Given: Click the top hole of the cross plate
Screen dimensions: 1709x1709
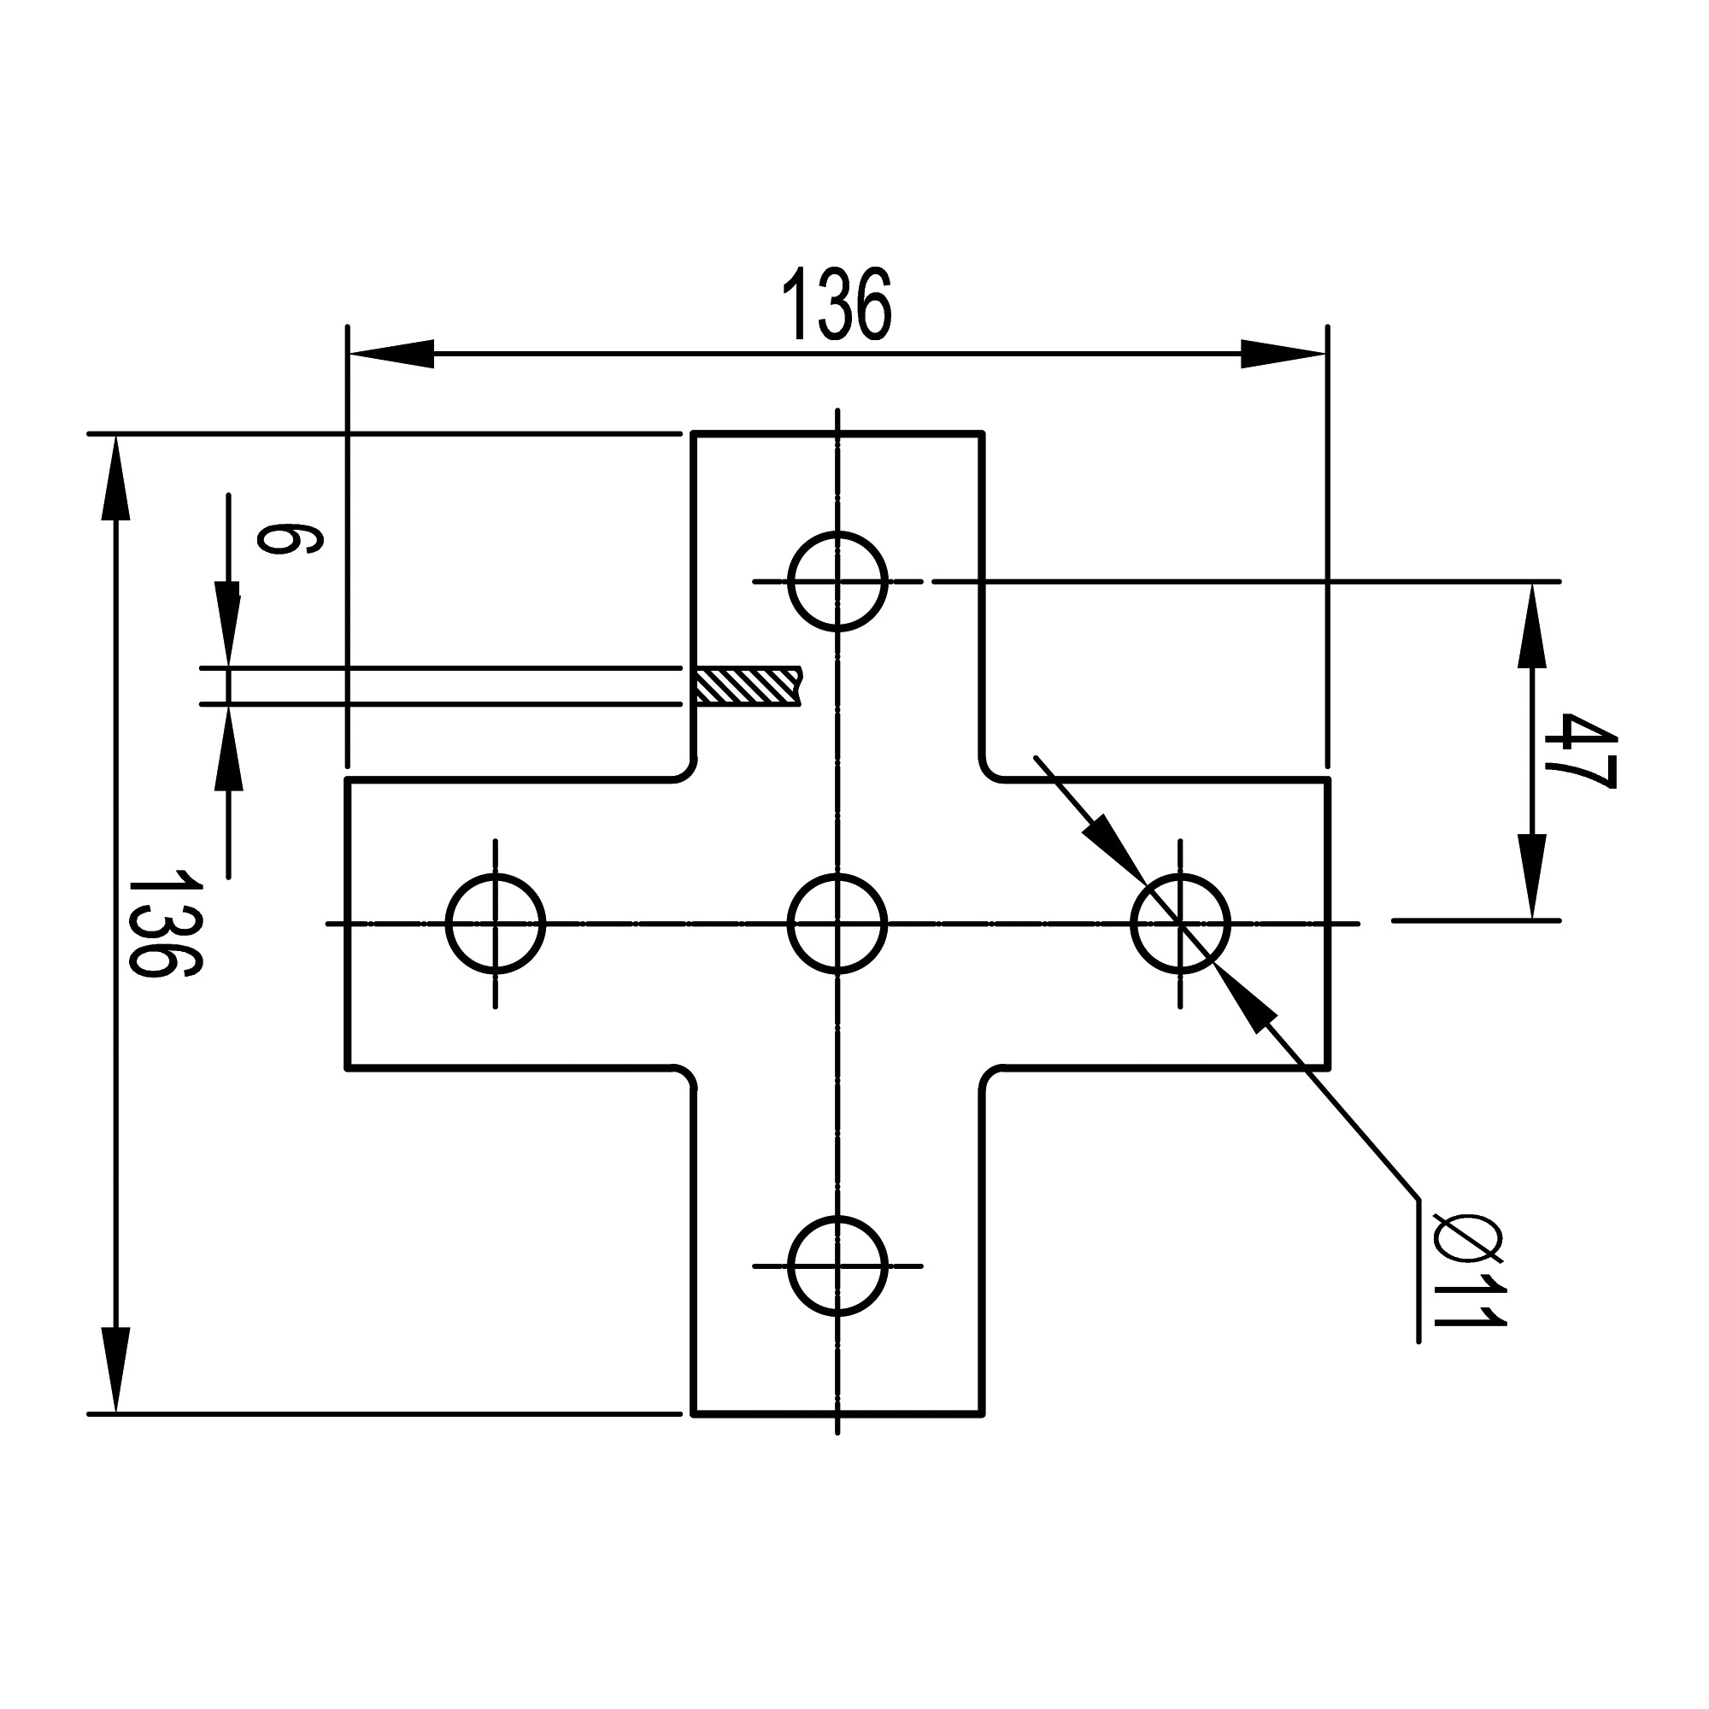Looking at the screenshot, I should [x=837, y=581].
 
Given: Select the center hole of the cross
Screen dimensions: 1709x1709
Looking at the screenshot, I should [x=837, y=924].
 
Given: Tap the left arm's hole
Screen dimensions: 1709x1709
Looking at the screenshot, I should [x=496, y=924].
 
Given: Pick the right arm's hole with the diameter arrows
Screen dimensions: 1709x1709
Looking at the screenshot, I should [x=1180, y=924].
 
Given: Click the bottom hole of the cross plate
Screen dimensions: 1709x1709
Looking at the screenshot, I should [x=837, y=1266].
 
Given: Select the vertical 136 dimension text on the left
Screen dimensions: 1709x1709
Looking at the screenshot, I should [x=165, y=924].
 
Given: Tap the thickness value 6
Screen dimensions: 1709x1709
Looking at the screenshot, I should [x=288, y=537].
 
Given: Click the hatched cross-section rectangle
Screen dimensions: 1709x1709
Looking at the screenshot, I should [x=749, y=686].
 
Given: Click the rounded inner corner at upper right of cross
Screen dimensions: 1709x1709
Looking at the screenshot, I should [x=990, y=772].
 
